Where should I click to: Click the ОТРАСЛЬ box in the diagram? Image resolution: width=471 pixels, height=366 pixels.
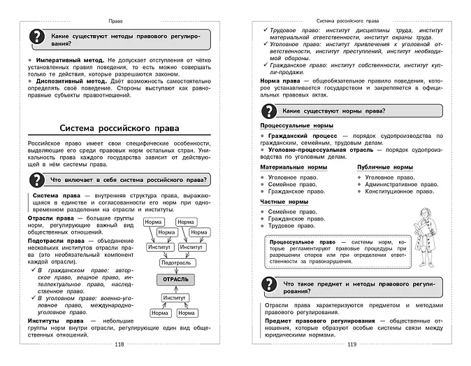[x=175, y=279]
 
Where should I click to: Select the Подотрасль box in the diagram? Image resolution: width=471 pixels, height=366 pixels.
[x=175, y=262]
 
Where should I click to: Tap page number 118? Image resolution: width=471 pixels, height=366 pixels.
[x=119, y=345]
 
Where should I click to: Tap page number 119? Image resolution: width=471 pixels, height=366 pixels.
[x=352, y=345]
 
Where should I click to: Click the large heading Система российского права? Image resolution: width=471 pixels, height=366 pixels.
[x=119, y=129]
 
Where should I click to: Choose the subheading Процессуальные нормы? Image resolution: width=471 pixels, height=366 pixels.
[x=292, y=126]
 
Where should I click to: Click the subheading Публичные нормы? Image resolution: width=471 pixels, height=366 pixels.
[x=384, y=168]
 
